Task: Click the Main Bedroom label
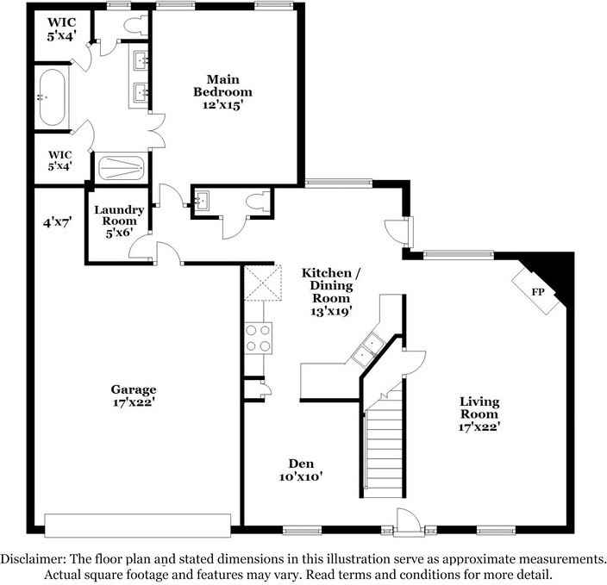tap(222, 92)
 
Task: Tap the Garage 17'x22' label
tap(134, 395)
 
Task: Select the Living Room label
tap(479, 414)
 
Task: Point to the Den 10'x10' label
tap(301, 470)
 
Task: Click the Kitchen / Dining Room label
tap(331, 292)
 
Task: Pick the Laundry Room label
tap(119, 221)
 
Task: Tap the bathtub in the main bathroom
tap(53, 97)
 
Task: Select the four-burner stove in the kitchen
tap(258, 338)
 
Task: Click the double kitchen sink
tap(368, 347)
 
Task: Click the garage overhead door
tap(138, 525)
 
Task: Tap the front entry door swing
tap(408, 520)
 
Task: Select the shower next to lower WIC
tap(121, 167)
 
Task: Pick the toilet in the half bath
tap(258, 202)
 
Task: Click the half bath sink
tap(201, 201)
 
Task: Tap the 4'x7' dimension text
tap(57, 222)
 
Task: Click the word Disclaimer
tap(32, 559)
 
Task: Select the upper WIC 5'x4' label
tap(61, 29)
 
